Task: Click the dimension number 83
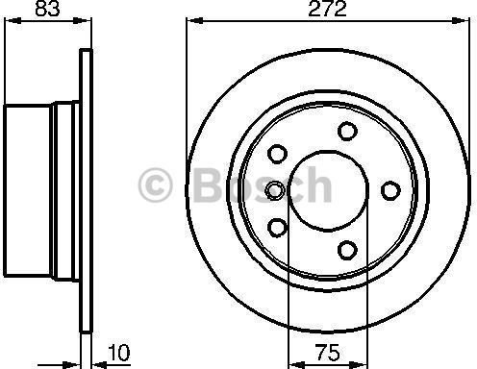click(47, 9)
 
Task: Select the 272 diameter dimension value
click(327, 9)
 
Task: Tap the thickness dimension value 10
click(119, 353)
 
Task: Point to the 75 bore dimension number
click(327, 352)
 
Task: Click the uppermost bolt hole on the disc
click(347, 131)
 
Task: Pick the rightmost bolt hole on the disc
click(390, 190)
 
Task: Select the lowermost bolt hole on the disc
click(347, 250)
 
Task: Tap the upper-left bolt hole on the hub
click(277, 154)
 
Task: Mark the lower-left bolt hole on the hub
click(277, 228)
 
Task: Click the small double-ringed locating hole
click(275, 190)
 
